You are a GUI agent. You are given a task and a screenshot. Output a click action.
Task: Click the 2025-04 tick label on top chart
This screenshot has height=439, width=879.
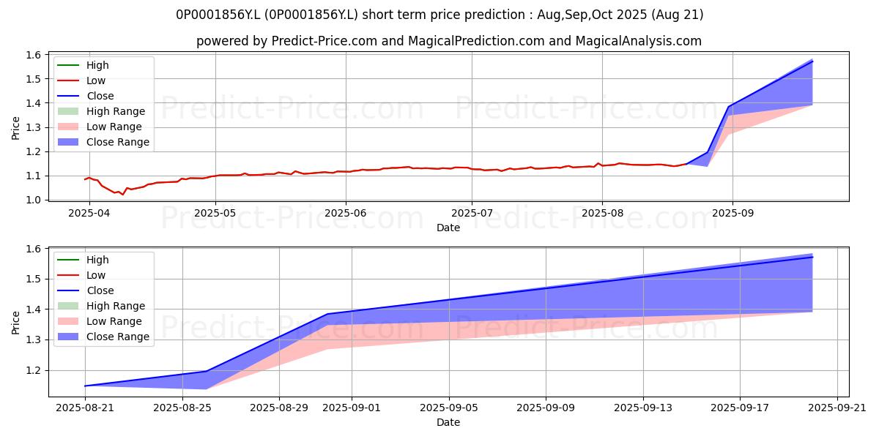tap(89, 213)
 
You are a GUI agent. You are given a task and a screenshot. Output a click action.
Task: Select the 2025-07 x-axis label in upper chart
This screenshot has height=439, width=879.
tap(472, 213)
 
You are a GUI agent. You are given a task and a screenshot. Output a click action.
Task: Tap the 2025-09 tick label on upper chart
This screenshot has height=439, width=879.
tap(732, 213)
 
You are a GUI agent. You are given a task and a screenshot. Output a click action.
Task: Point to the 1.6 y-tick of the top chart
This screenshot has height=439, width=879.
tap(34, 55)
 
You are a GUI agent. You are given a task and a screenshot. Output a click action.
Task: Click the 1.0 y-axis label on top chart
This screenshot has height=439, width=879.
tap(34, 200)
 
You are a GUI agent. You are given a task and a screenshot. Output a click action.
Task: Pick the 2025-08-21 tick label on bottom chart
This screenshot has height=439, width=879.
tap(85, 408)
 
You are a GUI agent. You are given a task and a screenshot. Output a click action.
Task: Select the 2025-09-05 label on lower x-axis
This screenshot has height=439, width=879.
tap(449, 408)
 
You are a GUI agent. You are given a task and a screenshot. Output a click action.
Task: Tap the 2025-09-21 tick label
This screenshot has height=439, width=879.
tap(837, 408)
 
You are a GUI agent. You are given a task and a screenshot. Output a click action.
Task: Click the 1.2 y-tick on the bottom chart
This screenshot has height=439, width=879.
tap(34, 370)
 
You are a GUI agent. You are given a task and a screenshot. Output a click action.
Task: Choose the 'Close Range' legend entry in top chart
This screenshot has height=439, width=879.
tap(103, 142)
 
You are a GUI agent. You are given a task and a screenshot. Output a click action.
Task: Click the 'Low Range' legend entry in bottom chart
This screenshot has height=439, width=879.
tap(100, 321)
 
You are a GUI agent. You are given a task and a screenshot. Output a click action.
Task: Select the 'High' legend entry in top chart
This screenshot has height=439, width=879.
tap(83, 65)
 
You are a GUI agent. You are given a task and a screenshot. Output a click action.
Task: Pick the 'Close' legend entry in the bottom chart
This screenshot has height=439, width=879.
tap(86, 290)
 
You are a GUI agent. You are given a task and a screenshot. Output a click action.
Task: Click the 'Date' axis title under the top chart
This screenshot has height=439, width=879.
tap(448, 228)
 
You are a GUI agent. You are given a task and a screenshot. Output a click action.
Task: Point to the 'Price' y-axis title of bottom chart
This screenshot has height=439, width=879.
tap(15, 323)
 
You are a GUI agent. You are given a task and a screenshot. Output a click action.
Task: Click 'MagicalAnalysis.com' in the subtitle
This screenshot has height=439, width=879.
tap(639, 41)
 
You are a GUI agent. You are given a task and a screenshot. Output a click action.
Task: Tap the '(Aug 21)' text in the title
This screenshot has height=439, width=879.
tap(677, 15)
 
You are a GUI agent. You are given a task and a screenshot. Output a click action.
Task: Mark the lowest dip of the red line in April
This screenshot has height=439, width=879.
tap(123, 195)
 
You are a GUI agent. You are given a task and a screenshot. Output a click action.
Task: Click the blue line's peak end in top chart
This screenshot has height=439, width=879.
tap(812, 61)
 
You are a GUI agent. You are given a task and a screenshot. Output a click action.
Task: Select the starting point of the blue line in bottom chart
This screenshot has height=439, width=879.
tap(85, 386)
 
